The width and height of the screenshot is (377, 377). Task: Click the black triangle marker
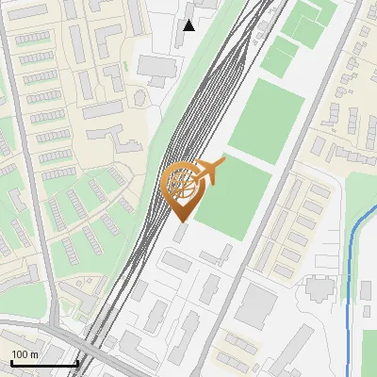click(189, 25)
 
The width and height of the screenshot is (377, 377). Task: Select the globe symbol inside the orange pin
click(183, 184)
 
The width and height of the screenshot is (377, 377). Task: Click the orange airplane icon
click(212, 171)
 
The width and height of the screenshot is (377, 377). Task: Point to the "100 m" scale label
click(25, 353)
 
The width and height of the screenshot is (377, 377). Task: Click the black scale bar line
click(43, 363)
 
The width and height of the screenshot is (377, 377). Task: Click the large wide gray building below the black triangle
click(156, 66)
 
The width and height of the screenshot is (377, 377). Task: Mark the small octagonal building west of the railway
click(125, 204)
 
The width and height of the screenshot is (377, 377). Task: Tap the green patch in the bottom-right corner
click(369, 353)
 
